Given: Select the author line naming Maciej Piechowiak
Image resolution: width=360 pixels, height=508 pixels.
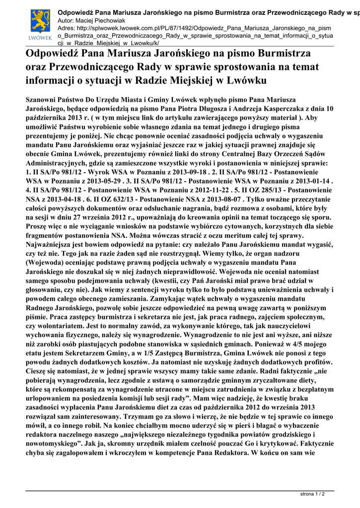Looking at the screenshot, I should (93, 20).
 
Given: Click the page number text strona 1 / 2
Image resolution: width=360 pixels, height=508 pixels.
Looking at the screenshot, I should (313, 494).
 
